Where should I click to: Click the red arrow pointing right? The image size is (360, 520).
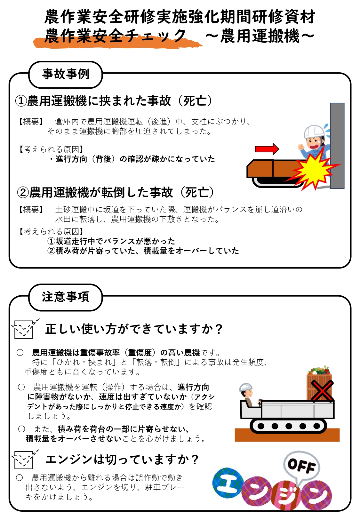coord(267,149)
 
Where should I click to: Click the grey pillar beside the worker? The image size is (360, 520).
coord(337,146)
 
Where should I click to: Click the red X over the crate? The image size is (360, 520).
coord(322,391)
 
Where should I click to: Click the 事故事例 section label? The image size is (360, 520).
coord(66,74)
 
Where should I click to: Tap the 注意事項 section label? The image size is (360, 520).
coord(66,297)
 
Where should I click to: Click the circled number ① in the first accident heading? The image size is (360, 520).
coord(21,101)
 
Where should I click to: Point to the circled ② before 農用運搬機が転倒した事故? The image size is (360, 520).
coord(23,192)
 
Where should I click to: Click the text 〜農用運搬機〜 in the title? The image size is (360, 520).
coord(260,36)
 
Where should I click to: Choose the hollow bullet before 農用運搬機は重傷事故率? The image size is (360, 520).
coord(20,353)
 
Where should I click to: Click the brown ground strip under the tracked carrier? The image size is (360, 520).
coord(287,435)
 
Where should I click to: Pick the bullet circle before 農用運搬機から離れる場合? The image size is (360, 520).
coord(20,477)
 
